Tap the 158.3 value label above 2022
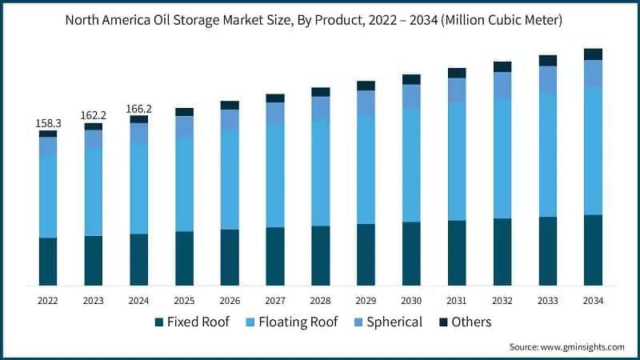click(x=48, y=123)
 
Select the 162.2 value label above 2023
click(x=94, y=116)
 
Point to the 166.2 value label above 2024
click(x=139, y=109)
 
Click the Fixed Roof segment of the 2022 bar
click(x=48, y=262)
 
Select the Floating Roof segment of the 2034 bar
click(x=593, y=150)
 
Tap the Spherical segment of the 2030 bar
click(x=411, y=96)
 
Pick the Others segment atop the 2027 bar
click(x=275, y=98)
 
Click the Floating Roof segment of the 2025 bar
click(x=184, y=183)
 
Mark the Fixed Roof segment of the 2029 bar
click(x=366, y=254)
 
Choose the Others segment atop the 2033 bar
click(x=547, y=60)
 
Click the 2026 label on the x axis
click(x=230, y=301)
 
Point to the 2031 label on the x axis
click(x=457, y=301)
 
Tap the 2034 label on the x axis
click(x=593, y=301)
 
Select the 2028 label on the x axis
click(x=320, y=301)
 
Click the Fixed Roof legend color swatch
click(x=159, y=322)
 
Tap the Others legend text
click(x=471, y=322)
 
